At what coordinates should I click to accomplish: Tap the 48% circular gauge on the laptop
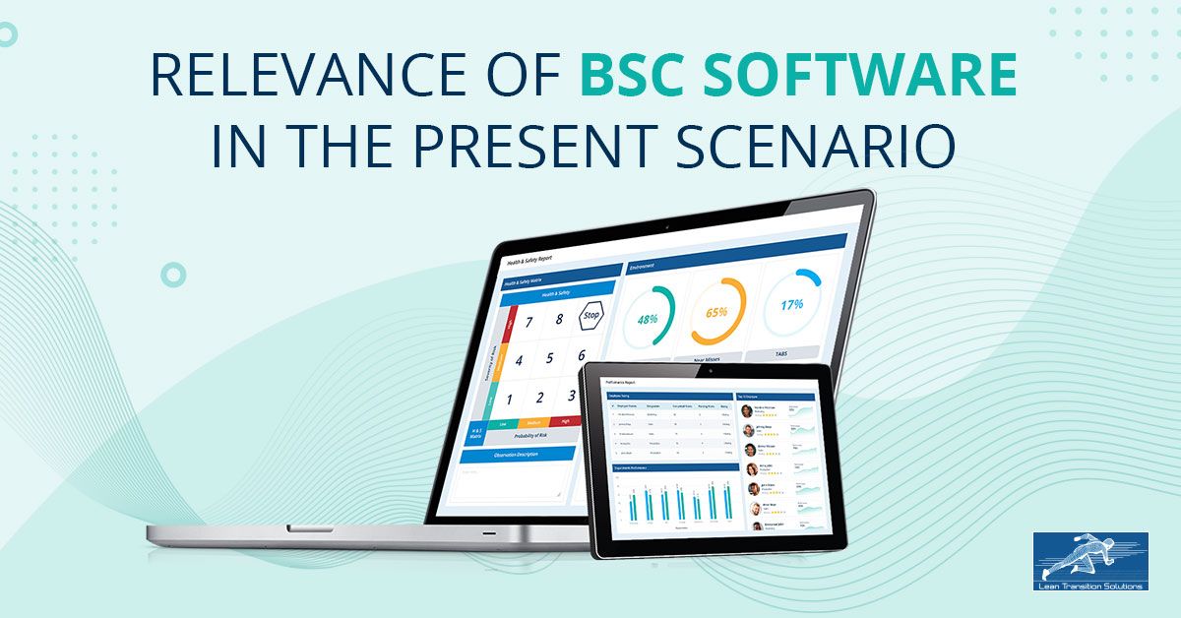click(x=647, y=318)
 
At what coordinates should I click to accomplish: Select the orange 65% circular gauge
click(x=715, y=311)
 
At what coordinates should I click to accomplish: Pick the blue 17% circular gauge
click(x=791, y=304)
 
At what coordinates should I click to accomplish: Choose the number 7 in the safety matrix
click(x=528, y=322)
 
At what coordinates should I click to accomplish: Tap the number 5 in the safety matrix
click(x=549, y=359)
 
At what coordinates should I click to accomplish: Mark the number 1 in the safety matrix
click(x=509, y=400)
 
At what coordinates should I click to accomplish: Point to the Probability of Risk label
click(x=532, y=435)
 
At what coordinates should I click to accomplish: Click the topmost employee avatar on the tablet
click(x=747, y=411)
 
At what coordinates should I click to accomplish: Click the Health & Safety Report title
click(x=529, y=261)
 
